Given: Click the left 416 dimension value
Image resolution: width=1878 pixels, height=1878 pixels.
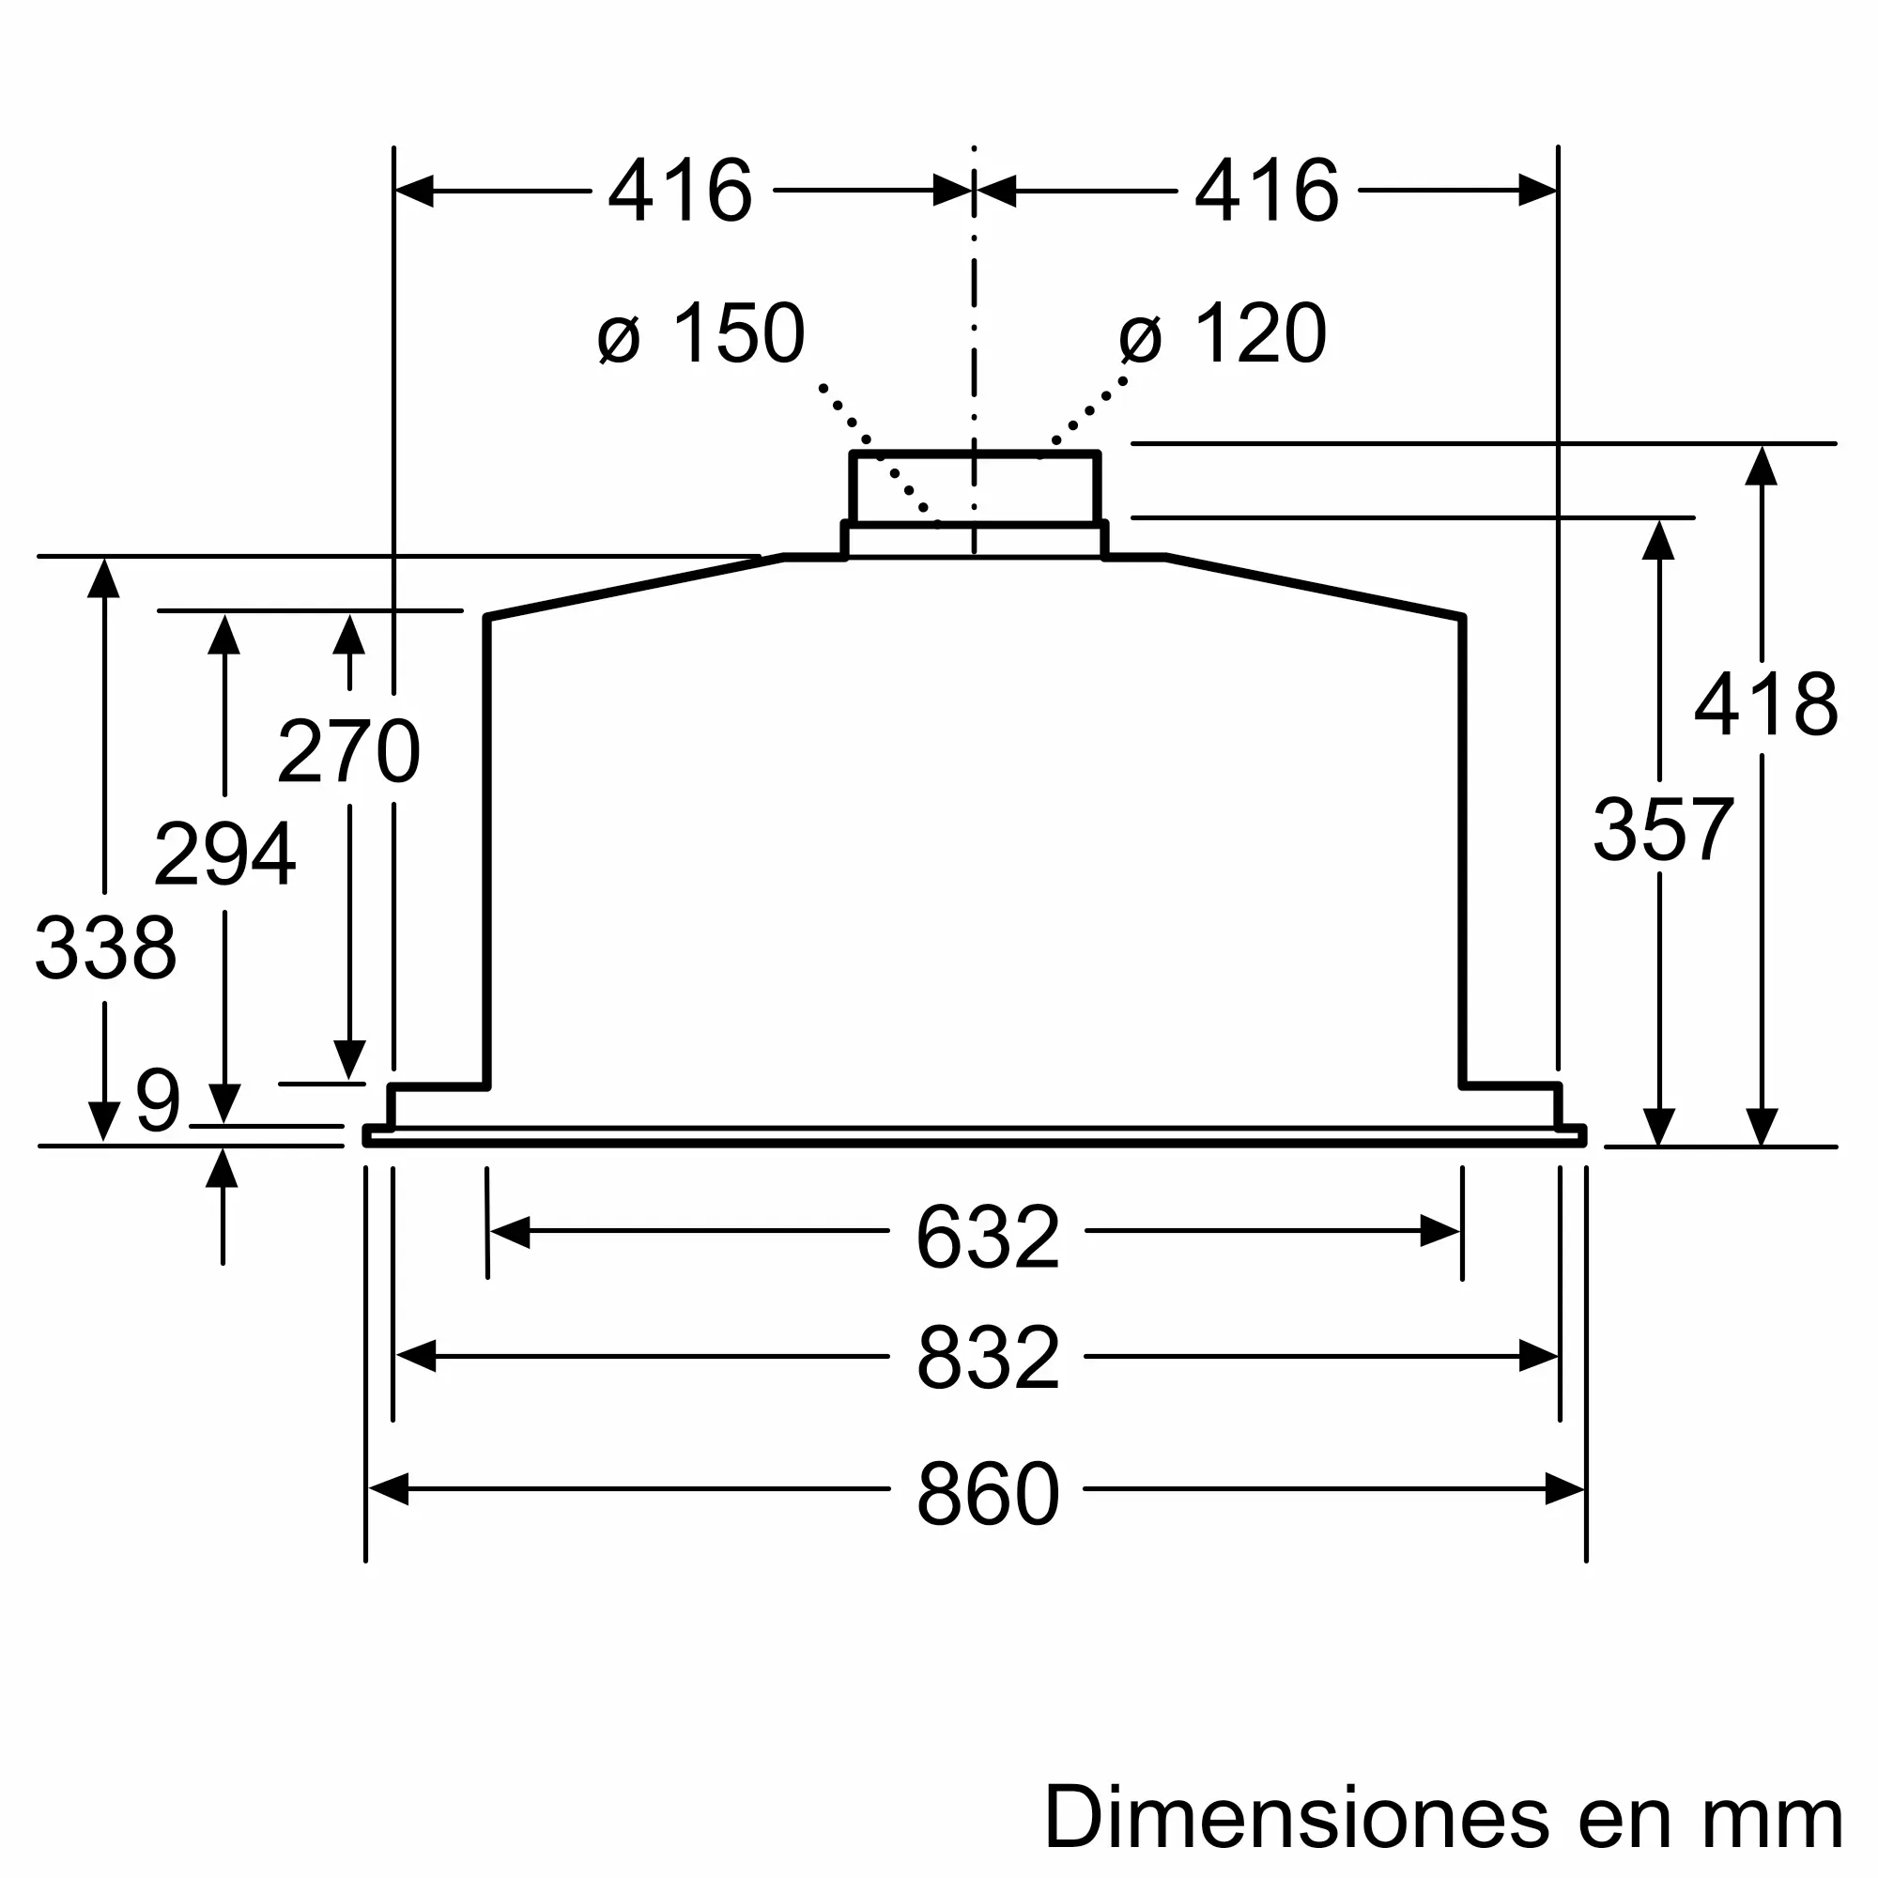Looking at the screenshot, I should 680,192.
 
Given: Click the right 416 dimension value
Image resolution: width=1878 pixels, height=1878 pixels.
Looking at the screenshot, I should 1266,192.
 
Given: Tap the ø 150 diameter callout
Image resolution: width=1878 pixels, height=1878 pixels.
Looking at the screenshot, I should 701,334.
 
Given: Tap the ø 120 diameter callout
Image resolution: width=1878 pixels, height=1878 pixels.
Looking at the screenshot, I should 1223,334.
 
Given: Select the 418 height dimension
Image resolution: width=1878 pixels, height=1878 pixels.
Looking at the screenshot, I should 1765,705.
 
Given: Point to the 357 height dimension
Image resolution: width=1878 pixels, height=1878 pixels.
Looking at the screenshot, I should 1662,830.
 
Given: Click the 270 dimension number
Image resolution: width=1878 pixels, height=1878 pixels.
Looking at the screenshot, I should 348,751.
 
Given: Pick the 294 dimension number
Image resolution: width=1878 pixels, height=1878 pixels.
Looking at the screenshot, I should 224,854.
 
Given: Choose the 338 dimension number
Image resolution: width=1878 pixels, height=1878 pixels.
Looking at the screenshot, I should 105,947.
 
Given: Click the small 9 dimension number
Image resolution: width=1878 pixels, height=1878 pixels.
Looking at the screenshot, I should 159,1101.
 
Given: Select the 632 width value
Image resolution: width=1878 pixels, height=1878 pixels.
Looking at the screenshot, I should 987,1239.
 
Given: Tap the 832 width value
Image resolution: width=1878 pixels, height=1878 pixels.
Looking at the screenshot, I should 987,1359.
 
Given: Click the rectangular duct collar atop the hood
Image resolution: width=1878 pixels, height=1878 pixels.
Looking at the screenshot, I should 974,489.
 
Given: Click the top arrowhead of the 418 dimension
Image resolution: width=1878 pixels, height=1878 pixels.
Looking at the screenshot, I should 1762,466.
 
